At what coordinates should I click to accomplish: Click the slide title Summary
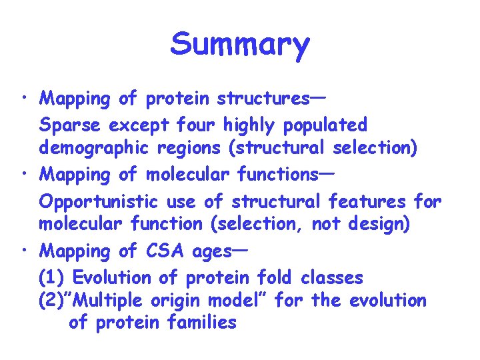point(240,45)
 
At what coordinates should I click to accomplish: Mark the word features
point(369,201)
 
